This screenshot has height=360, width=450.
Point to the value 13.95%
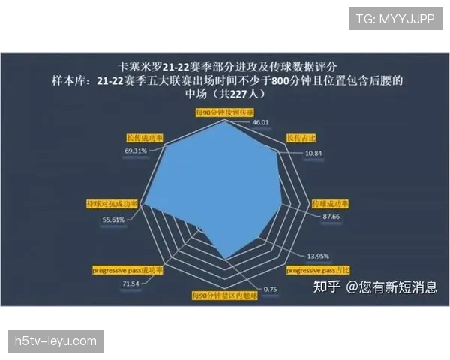click(x=318, y=256)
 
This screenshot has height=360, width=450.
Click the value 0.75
click(x=270, y=289)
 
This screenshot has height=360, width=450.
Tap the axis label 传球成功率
click(x=330, y=204)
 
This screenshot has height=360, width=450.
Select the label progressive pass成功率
click(x=127, y=269)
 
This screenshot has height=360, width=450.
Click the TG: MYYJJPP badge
click(x=394, y=19)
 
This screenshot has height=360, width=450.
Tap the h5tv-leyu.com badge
click(x=56, y=341)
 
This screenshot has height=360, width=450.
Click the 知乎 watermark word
click(x=327, y=286)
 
